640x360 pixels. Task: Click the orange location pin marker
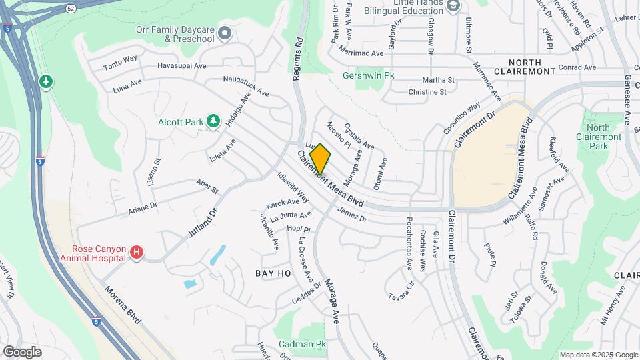coord(320,159)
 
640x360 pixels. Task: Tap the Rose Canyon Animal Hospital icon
coord(137,252)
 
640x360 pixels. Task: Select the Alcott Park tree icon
coord(213,121)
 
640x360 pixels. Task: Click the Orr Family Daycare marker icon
coord(225,32)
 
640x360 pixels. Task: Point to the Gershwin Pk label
coord(368,75)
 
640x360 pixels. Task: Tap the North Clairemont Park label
coord(599,137)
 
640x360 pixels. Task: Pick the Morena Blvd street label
coord(123,306)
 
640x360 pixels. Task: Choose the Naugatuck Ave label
coord(245,86)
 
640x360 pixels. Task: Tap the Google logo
coord(22,351)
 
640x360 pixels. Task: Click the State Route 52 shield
coord(71,8)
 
